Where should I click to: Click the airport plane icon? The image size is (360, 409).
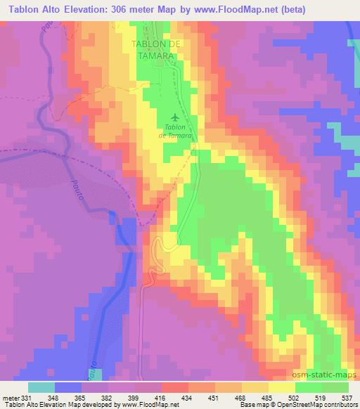pyautogui.click(x=174, y=117)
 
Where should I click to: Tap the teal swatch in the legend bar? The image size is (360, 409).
pyautogui.click(x=41, y=388)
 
